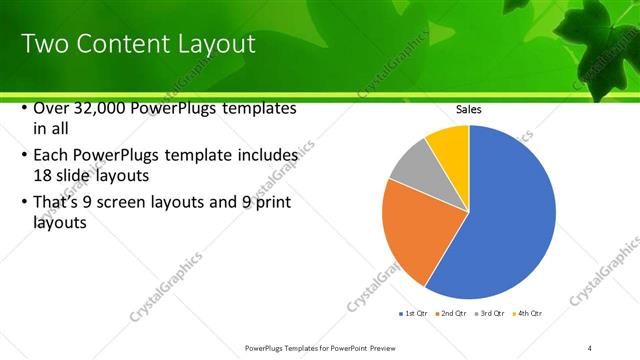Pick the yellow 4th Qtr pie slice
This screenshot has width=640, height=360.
pyautogui.click(x=448, y=146)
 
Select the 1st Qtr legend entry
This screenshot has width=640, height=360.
pyautogui.click(x=415, y=315)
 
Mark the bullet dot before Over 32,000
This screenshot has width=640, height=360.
pyautogui.click(x=25, y=108)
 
